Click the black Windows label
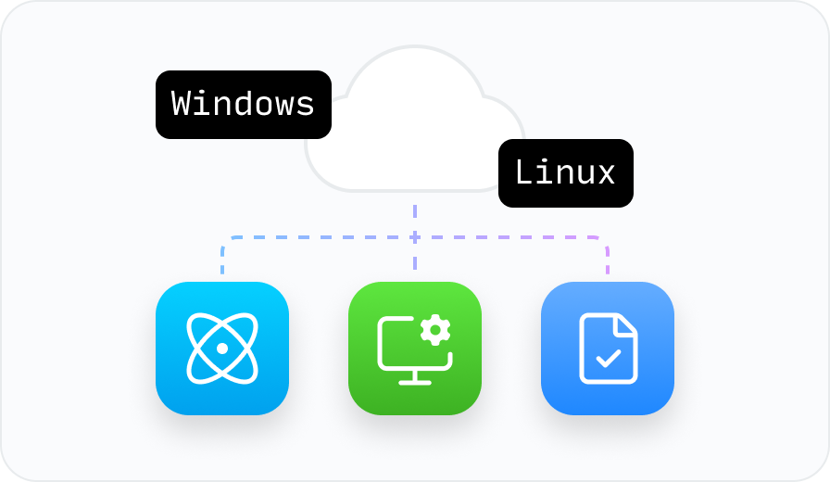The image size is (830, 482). tap(243, 104)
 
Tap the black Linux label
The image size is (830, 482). tap(565, 173)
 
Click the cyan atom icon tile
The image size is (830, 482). tap(222, 349)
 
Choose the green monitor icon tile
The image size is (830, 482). tap(415, 349)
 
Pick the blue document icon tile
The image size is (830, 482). tap(608, 349)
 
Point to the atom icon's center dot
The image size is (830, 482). tap(222, 349)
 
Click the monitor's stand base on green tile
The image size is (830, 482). tap(409, 380)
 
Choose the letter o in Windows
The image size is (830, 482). tap(264, 105)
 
